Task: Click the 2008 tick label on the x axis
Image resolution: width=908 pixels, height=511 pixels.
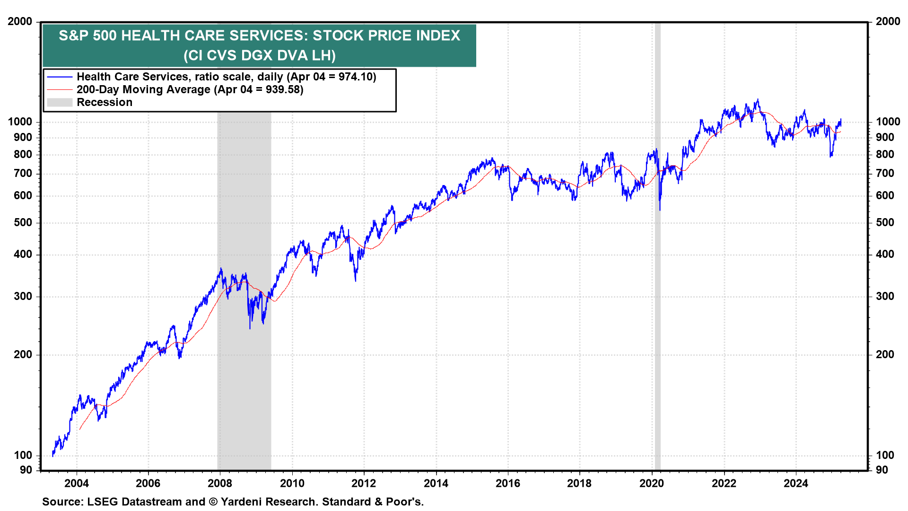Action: [x=220, y=483]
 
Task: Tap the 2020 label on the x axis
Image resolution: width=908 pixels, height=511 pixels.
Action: [x=652, y=483]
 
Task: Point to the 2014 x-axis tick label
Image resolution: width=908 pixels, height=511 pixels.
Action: [x=436, y=483]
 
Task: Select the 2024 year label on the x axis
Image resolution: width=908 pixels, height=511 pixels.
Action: [x=796, y=483]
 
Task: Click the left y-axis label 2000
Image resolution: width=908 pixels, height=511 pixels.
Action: [x=20, y=21]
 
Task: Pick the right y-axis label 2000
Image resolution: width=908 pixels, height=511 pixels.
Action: [x=888, y=21]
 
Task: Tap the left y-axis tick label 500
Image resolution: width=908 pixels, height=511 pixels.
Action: [x=23, y=222]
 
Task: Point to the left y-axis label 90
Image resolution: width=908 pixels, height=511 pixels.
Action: [x=26, y=470]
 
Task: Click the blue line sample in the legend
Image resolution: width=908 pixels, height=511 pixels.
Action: [x=60, y=77]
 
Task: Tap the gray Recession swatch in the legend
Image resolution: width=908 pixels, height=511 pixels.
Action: [x=60, y=102]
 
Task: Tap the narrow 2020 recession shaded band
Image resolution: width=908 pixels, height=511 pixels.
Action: [x=657, y=284]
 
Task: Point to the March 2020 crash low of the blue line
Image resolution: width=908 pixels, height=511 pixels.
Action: [x=660, y=210]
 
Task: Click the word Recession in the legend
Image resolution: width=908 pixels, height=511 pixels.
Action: [x=105, y=102]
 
